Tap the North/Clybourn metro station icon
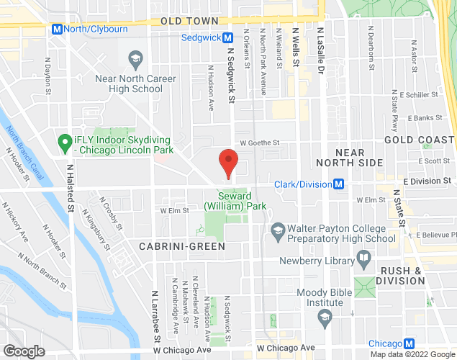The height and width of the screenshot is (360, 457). click(x=57, y=29)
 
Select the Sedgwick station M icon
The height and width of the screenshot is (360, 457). click(x=227, y=37)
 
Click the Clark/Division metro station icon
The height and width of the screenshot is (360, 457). click(x=337, y=184)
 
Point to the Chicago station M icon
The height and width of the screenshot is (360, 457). click(x=409, y=343)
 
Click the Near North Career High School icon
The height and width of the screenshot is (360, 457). click(x=134, y=58)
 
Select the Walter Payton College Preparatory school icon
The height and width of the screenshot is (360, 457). click(x=277, y=230)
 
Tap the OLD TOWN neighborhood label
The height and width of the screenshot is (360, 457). click(x=189, y=22)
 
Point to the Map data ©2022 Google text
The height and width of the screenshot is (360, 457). click(x=412, y=354)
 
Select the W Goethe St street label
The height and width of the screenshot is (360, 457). click(x=259, y=143)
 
